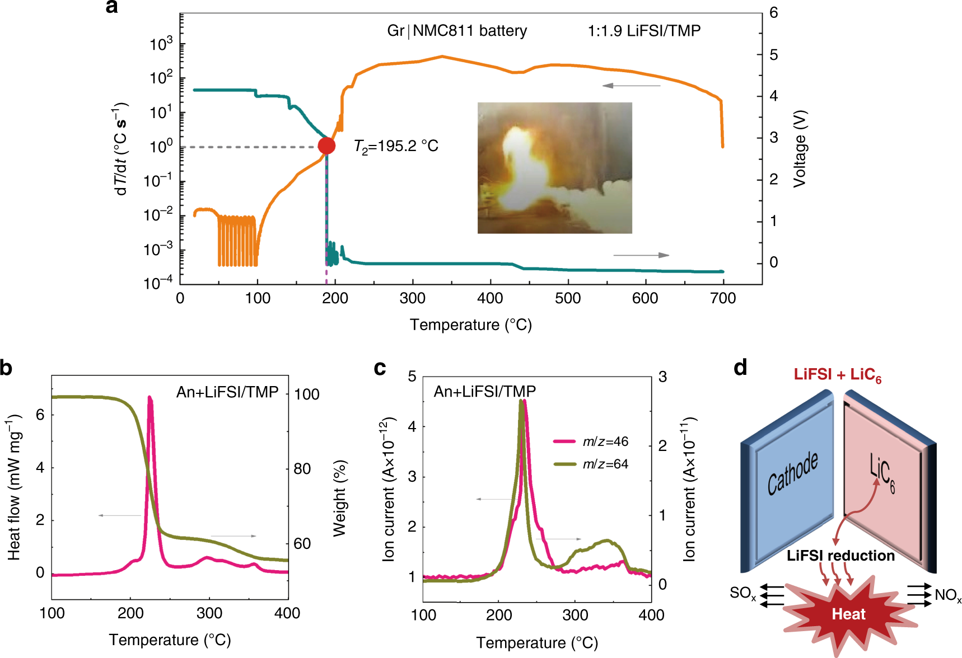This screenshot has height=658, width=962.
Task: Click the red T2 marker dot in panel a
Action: (326, 146)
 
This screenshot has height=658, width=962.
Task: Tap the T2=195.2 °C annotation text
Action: (396, 147)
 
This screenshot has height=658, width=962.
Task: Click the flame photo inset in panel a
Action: (554, 168)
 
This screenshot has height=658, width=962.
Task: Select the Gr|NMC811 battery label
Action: (457, 31)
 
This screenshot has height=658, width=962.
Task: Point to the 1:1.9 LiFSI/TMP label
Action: (644, 31)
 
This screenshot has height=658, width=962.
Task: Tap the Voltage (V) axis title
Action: (800, 149)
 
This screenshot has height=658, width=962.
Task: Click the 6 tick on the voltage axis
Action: (773, 13)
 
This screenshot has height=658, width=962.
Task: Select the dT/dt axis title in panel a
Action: (121, 149)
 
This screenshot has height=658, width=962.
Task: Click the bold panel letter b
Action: (6, 369)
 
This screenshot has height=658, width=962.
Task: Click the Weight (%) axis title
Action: (340, 499)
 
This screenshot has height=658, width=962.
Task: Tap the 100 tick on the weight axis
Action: (307, 394)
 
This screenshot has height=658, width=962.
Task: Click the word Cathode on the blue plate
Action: (792, 473)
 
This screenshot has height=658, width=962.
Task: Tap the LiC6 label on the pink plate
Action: (882, 473)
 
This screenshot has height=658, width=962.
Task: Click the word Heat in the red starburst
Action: (848, 614)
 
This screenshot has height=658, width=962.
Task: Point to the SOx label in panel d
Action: (742, 593)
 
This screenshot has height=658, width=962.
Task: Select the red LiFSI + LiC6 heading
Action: (837, 375)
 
